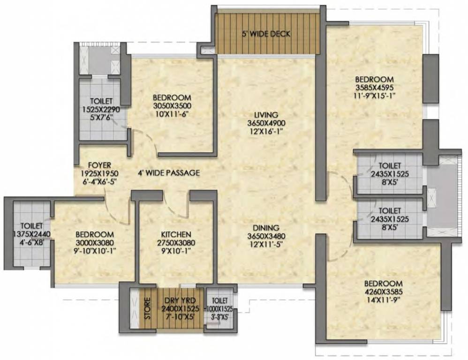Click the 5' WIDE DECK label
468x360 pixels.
pyautogui.click(x=266, y=34)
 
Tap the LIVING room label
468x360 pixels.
pyautogui.click(x=266, y=114)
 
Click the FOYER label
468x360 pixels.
pyautogui.click(x=99, y=165)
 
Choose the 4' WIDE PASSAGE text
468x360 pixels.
pyautogui.click(x=169, y=173)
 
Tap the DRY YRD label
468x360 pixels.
pyautogui.click(x=177, y=301)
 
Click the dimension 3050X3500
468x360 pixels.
pyautogui.click(x=172, y=105)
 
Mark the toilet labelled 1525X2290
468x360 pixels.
pyautogui.click(x=99, y=109)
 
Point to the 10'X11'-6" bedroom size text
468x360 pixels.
pyautogui.click(x=172, y=114)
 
